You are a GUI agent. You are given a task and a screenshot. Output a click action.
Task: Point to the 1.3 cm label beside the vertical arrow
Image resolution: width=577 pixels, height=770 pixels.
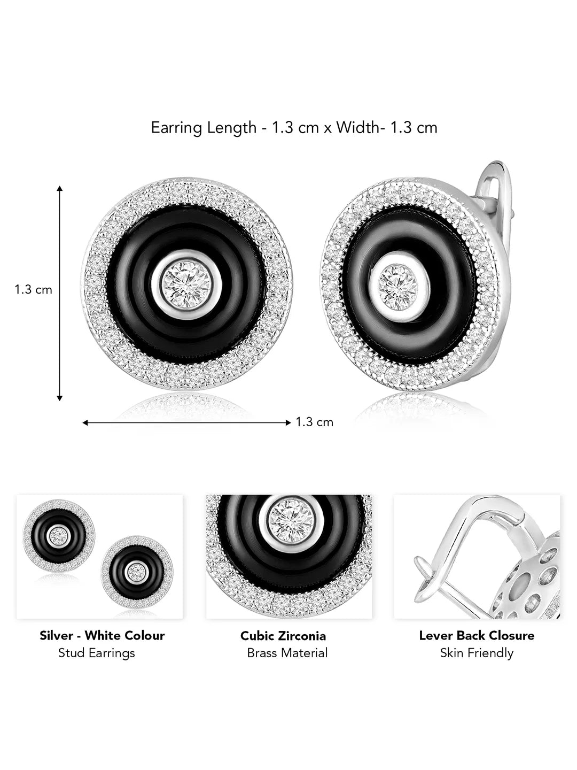(33, 290)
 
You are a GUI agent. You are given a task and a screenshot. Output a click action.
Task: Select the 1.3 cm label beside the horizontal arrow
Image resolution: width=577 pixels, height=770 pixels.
(314, 422)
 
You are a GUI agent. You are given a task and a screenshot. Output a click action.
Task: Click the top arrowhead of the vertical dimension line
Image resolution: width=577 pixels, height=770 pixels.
(59, 188)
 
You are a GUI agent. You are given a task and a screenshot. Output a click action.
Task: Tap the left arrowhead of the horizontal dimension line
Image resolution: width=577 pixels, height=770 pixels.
(85, 423)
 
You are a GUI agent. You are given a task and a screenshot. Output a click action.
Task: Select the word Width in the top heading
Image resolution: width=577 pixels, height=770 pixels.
(358, 127)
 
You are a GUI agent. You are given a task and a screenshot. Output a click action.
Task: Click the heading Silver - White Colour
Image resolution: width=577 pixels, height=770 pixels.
(102, 636)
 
